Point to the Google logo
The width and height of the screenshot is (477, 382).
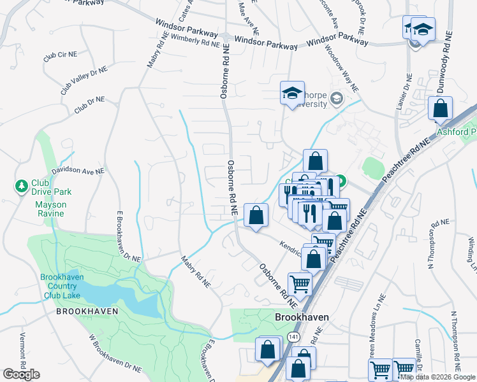tap(21, 374)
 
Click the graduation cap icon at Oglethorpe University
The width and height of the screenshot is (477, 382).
tap(292, 94)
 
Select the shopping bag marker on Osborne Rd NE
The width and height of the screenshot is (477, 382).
tap(256, 215)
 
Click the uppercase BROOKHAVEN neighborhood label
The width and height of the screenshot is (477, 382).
tap(88, 312)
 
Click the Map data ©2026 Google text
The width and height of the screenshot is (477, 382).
tap(437, 377)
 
